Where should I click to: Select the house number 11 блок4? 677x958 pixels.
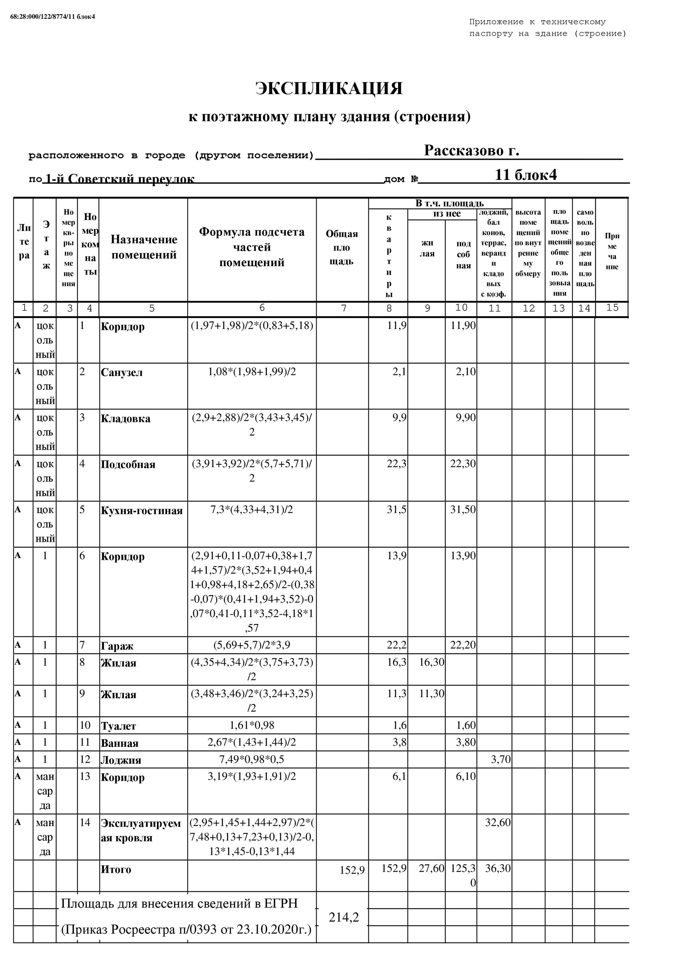[525, 175]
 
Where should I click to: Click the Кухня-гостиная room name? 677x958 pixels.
[141, 511]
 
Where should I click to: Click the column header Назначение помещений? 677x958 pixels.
[144, 247]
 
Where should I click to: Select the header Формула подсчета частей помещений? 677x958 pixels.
[252, 247]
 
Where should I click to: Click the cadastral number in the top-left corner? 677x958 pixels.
[53, 17]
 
